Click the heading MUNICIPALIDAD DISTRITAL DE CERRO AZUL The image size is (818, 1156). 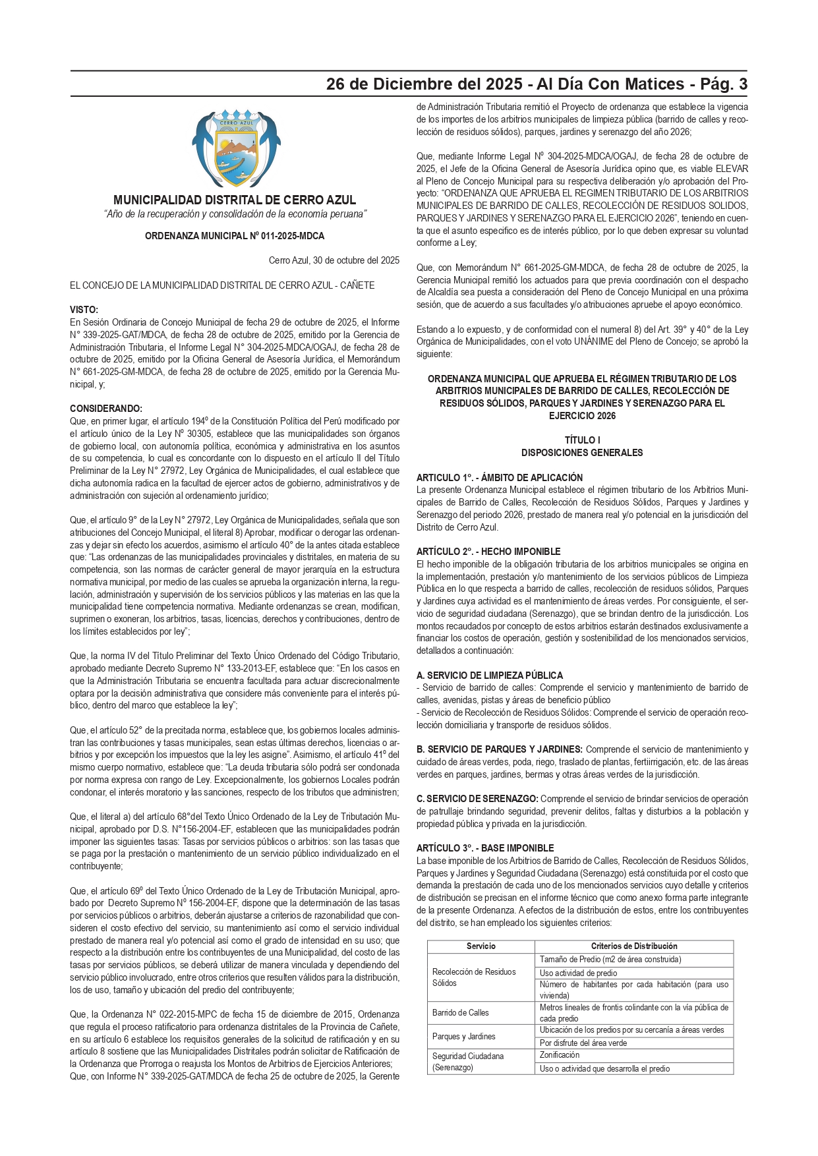point(235,200)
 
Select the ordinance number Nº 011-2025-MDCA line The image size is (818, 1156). point(235,236)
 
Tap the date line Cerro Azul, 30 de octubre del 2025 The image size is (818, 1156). point(334,260)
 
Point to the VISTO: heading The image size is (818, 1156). point(84,310)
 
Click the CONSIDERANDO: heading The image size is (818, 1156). point(106,409)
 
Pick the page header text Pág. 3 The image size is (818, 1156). point(724,84)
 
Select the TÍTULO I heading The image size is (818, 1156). point(582,440)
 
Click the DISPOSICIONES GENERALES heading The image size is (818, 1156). point(582,453)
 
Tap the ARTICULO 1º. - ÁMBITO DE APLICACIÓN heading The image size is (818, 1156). point(500,478)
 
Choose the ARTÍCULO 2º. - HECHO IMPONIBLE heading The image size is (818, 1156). point(488,552)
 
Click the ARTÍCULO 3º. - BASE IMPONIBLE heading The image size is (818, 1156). point(485,848)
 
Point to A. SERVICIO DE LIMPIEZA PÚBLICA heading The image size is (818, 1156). point(490,676)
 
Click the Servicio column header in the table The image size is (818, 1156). point(481,946)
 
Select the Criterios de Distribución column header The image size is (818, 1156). point(634,946)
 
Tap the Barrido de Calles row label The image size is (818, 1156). point(461,1013)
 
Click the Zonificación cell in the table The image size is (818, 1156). point(560,1055)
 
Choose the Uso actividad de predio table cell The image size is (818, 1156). point(579,973)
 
